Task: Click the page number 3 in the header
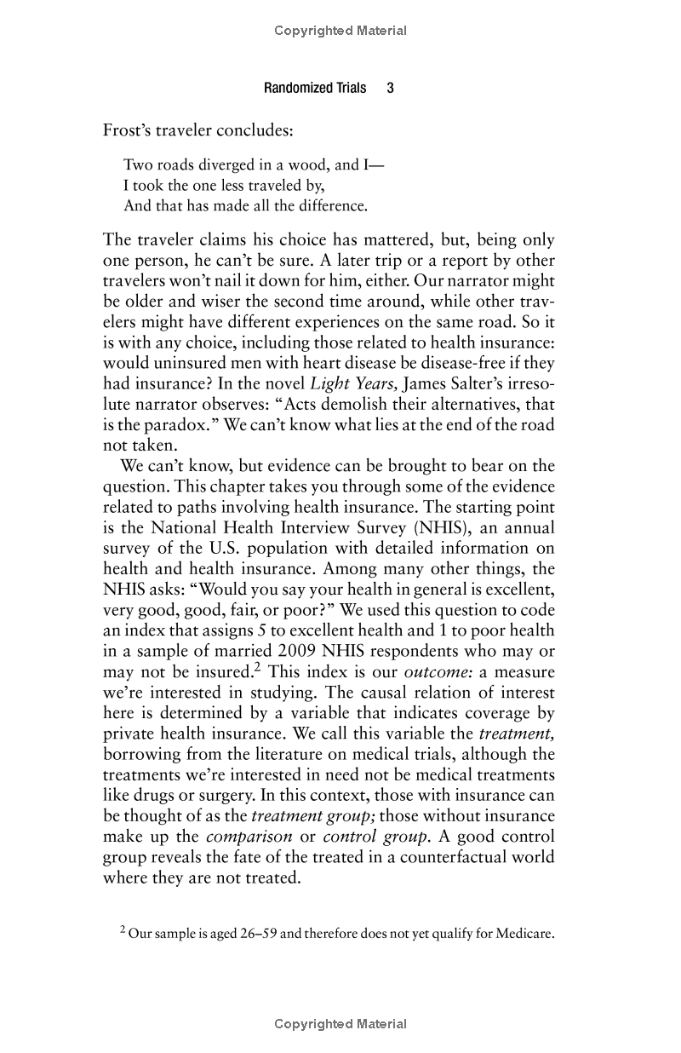[x=390, y=88]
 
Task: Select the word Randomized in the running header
[x=295, y=88]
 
